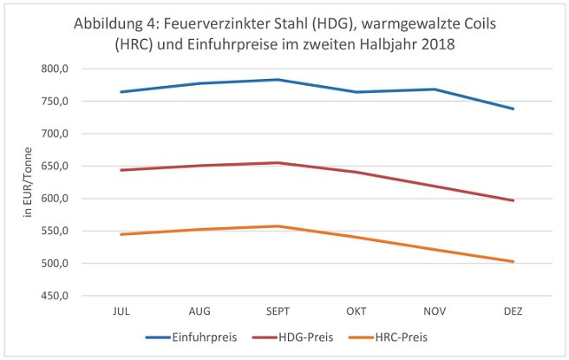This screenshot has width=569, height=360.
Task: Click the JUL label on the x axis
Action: click(x=121, y=309)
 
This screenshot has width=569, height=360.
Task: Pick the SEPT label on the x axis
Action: click(x=278, y=309)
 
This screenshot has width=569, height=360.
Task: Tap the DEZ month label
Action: click(x=513, y=309)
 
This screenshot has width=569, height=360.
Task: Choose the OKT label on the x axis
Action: click(x=356, y=309)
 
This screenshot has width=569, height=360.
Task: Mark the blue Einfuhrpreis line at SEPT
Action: click(x=278, y=80)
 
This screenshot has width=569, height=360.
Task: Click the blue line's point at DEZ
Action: click(x=513, y=108)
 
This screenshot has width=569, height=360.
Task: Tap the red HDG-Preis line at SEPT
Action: click(x=278, y=162)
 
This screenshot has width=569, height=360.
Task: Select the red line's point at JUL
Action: click(x=121, y=170)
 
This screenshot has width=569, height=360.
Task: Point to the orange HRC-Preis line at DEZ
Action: click(x=513, y=261)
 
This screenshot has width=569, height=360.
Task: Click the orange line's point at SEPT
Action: click(x=278, y=226)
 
